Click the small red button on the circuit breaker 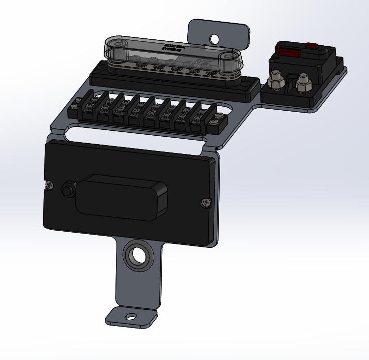[312, 47]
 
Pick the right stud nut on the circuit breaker [304, 82]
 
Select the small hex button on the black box [67, 189]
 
